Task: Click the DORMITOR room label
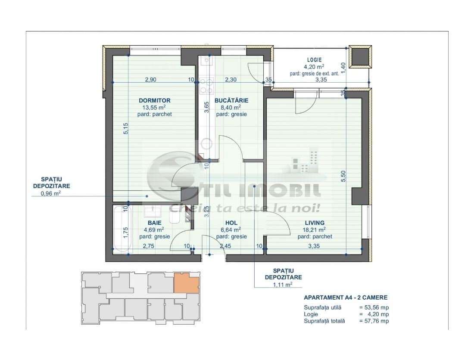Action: tap(154, 100)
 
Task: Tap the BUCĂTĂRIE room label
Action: tap(231, 100)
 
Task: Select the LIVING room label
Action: tap(315, 223)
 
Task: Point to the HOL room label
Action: tap(231, 223)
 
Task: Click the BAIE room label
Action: tap(154, 223)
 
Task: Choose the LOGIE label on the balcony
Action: tap(315, 60)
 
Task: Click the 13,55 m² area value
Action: tap(154, 107)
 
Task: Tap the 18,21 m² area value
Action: tap(315, 230)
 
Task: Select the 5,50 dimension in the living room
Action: tap(343, 176)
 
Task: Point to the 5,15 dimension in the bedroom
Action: tap(126, 128)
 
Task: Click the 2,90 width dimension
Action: tap(150, 80)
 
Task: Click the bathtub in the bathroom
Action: tap(122, 229)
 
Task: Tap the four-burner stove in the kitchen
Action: tap(207, 85)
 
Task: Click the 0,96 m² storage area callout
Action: tap(51, 193)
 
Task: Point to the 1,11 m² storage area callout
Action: tap(283, 284)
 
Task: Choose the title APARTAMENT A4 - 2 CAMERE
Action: tap(346, 298)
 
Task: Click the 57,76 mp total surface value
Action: tap(374, 321)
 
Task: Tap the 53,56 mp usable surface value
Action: tap(374, 308)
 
